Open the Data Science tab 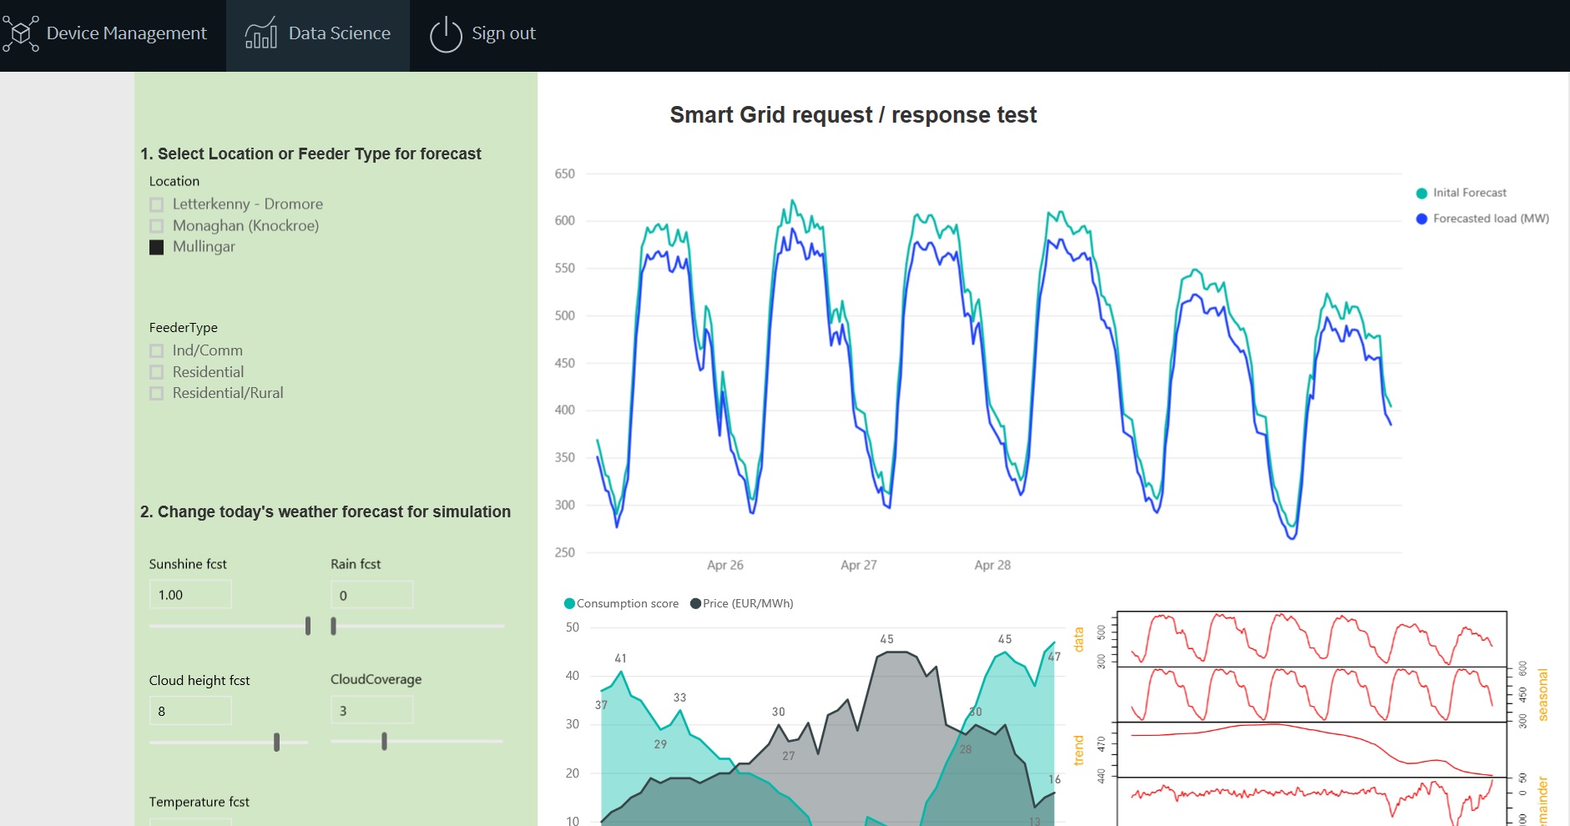(x=318, y=34)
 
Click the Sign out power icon (x=446, y=34)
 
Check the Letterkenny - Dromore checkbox (x=156, y=204)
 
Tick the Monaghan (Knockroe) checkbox (x=156, y=226)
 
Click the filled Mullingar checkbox (x=156, y=247)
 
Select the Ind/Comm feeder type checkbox (x=156, y=351)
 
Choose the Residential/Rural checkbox (x=156, y=394)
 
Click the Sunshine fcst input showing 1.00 (x=190, y=595)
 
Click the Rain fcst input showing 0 (x=371, y=595)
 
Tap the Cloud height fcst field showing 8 (x=190, y=711)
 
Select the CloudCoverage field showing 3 (x=371, y=711)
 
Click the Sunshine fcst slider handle (x=308, y=626)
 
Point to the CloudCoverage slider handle (x=384, y=741)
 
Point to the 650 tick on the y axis (x=565, y=174)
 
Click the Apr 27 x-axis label (x=859, y=565)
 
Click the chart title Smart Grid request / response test (x=853, y=115)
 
